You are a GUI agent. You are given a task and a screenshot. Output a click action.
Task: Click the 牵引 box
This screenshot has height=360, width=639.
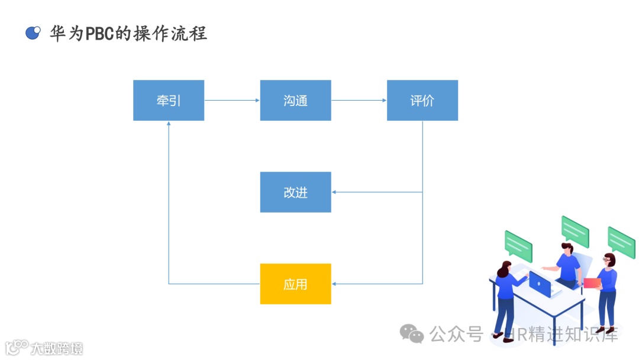point(169,101)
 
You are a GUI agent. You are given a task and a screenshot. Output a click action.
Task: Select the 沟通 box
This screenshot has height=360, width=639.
point(295,101)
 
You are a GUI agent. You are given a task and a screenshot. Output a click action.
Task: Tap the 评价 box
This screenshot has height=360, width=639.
point(422,101)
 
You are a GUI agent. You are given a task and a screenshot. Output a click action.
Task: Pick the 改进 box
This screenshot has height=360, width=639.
point(295,192)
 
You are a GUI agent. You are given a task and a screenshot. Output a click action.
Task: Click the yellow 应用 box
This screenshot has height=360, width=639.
point(295,284)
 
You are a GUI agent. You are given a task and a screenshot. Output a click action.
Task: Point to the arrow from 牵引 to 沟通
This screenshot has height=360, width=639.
point(232,101)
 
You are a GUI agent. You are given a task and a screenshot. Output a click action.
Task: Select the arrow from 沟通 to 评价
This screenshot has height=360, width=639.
point(359,101)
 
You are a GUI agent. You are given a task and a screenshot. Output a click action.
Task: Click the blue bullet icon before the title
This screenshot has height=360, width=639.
point(33,33)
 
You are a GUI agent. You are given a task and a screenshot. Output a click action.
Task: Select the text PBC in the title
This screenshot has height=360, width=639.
point(100,33)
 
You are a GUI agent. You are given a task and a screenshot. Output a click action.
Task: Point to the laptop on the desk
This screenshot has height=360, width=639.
point(540,284)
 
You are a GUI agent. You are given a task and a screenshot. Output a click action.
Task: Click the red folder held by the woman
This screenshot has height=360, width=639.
point(592,283)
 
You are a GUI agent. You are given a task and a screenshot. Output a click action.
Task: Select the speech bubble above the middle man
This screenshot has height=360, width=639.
point(575,231)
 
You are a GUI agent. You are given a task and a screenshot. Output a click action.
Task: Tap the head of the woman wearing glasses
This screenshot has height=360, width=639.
point(609,259)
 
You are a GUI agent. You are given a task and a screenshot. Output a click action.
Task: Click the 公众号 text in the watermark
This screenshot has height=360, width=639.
point(456,334)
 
